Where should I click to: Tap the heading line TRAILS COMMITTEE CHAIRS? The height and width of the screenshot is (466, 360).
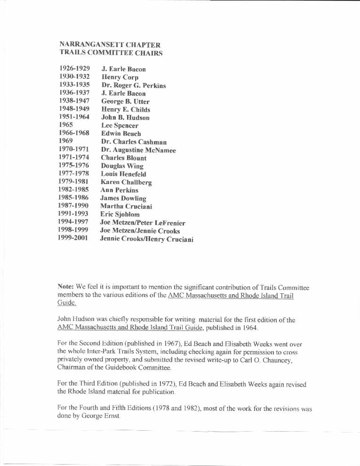click(111, 53)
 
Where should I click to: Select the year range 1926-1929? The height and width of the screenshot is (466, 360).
click(74, 69)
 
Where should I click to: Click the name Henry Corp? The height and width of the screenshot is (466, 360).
click(120, 77)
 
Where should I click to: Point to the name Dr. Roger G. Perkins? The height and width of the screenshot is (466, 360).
click(133, 86)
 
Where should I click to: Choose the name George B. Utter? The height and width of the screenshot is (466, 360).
click(125, 101)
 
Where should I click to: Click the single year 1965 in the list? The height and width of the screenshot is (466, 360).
click(66, 125)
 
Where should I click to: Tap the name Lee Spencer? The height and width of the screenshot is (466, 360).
click(120, 126)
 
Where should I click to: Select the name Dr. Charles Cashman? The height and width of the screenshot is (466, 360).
click(134, 142)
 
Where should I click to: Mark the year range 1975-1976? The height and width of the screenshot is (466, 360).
click(74, 165)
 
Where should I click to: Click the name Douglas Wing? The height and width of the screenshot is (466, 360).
click(122, 166)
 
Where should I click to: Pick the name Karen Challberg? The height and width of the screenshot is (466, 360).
click(126, 182)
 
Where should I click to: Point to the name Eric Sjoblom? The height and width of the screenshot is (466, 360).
click(120, 214)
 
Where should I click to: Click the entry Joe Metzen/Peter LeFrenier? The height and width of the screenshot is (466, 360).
click(143, 223)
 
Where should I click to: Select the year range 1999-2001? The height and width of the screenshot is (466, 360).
click(73, 239)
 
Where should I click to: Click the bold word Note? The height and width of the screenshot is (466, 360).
click(65, 287)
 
